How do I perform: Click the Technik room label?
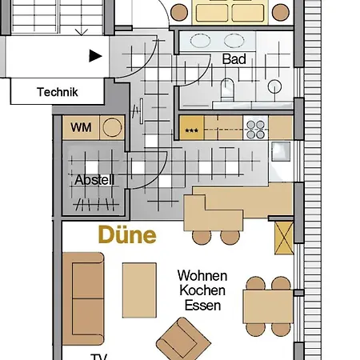[57, 92]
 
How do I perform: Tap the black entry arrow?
[96, 56]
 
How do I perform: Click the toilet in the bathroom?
[226, 90]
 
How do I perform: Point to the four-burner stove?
[255, 127]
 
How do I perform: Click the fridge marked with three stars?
[191, 128]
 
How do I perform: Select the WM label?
[81, 127]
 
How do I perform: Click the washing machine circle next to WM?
[111, 127]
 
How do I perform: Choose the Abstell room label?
[94, 180]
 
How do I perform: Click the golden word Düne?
[126, 236]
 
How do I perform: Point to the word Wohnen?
[202, 275]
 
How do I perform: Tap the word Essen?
[202, 305]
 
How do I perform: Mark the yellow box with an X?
[283, 238]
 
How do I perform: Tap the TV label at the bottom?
[99, 356]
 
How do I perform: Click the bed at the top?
[231, 10]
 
